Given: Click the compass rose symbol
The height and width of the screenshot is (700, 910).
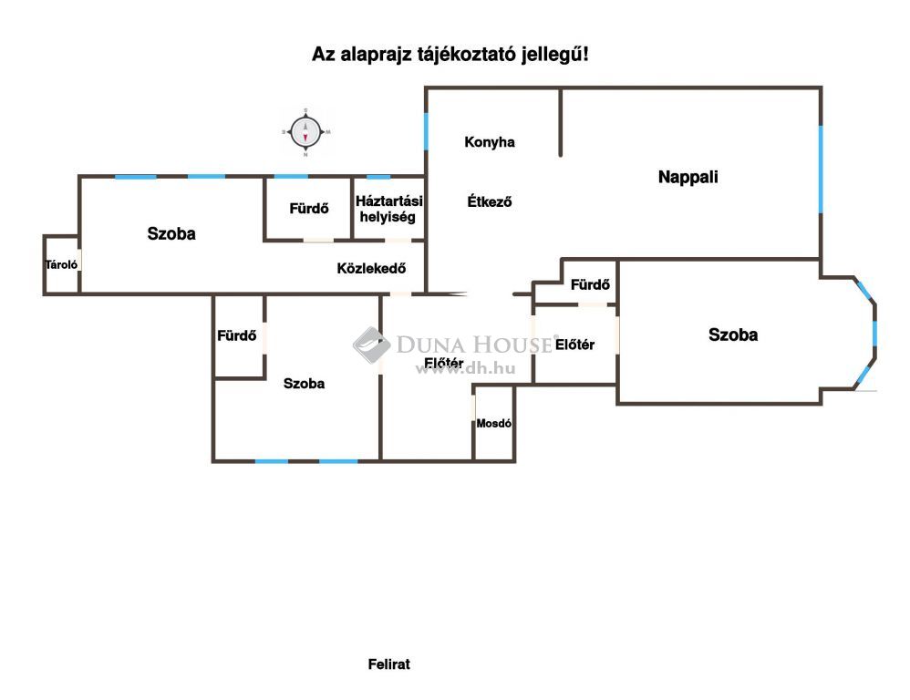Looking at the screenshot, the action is (x=305, y=132).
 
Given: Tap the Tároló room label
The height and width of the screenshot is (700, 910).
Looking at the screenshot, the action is (x=61, y=264).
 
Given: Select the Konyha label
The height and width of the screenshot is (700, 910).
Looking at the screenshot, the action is (x=490, y=142).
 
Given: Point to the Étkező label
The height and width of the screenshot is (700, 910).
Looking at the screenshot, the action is (x=490, y=201).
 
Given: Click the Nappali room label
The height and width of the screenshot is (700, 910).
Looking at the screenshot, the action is (x=688, y=177).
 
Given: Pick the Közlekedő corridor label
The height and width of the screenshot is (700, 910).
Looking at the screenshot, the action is (x=371, y=269).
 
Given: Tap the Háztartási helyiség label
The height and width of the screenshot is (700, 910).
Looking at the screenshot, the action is (x=388, y=209).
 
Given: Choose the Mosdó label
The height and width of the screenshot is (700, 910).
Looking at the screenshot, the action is (x=494, y=423).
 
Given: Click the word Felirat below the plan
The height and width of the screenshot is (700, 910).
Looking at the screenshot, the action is (x=388, y=664).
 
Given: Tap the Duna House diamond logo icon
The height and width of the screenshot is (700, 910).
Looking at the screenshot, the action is (x=371, y=345).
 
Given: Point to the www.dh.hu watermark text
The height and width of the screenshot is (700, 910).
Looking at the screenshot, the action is (x=465, y=369).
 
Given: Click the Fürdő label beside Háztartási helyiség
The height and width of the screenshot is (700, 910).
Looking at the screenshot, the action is (x=309, y=208).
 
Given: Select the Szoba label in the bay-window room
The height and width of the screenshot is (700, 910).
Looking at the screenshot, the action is (x=733, y=335).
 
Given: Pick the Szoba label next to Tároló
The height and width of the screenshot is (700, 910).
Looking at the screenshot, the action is (x=171, y=233).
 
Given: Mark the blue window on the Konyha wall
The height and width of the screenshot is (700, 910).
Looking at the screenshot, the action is (x=426, y=131).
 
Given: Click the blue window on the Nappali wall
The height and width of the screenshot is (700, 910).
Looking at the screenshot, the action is (x=821, y=170).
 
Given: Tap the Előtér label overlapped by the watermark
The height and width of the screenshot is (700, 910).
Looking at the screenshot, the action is (x=444, y=363).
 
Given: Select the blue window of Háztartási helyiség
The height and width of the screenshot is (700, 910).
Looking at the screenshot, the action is (x=378, y=176).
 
